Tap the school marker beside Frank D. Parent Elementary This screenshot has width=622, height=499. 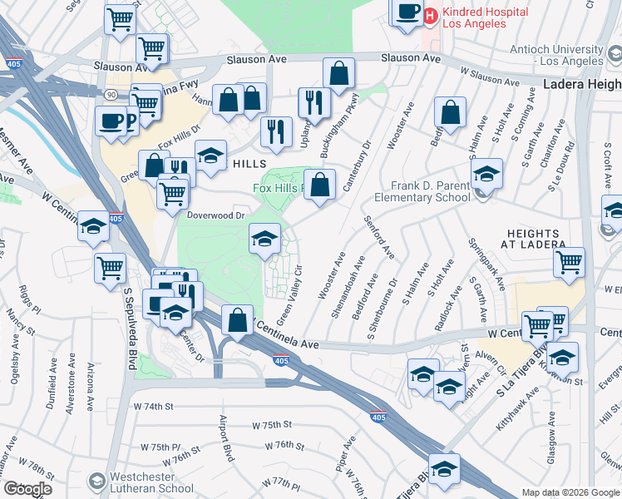(486, 174)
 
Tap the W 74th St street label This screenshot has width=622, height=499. (152, 407)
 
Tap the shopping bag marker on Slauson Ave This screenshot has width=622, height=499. (339, 73)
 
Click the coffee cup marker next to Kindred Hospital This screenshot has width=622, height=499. (407, 12)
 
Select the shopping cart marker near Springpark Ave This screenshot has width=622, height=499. (570, 262)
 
